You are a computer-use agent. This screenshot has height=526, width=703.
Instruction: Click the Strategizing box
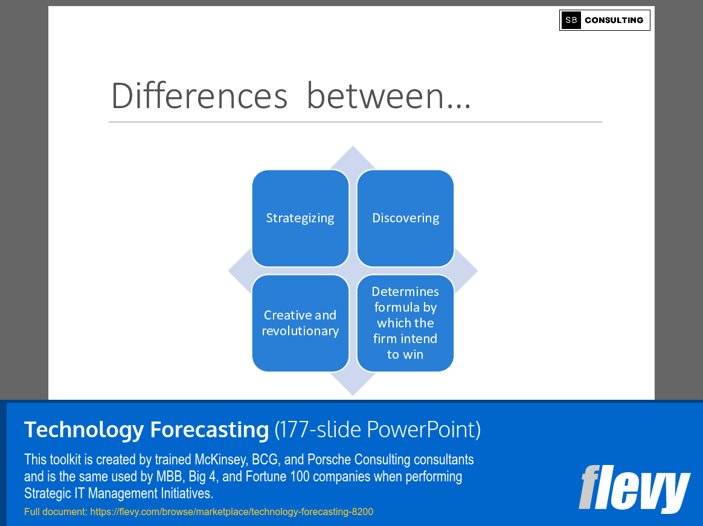300,218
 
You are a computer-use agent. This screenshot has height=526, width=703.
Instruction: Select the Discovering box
405,218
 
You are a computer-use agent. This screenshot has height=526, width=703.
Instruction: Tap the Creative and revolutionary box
300,323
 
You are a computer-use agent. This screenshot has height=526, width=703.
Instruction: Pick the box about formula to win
405,323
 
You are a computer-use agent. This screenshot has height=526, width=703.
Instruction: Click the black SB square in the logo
571,20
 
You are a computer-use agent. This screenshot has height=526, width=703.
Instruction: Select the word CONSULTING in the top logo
614,20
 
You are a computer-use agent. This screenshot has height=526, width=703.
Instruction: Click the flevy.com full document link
231,512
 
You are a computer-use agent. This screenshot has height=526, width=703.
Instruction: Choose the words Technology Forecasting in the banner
146,429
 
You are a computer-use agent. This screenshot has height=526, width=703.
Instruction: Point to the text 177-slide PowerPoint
377,429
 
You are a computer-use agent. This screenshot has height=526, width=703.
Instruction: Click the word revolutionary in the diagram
300,331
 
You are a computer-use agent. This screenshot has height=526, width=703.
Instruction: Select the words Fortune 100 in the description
260,476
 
